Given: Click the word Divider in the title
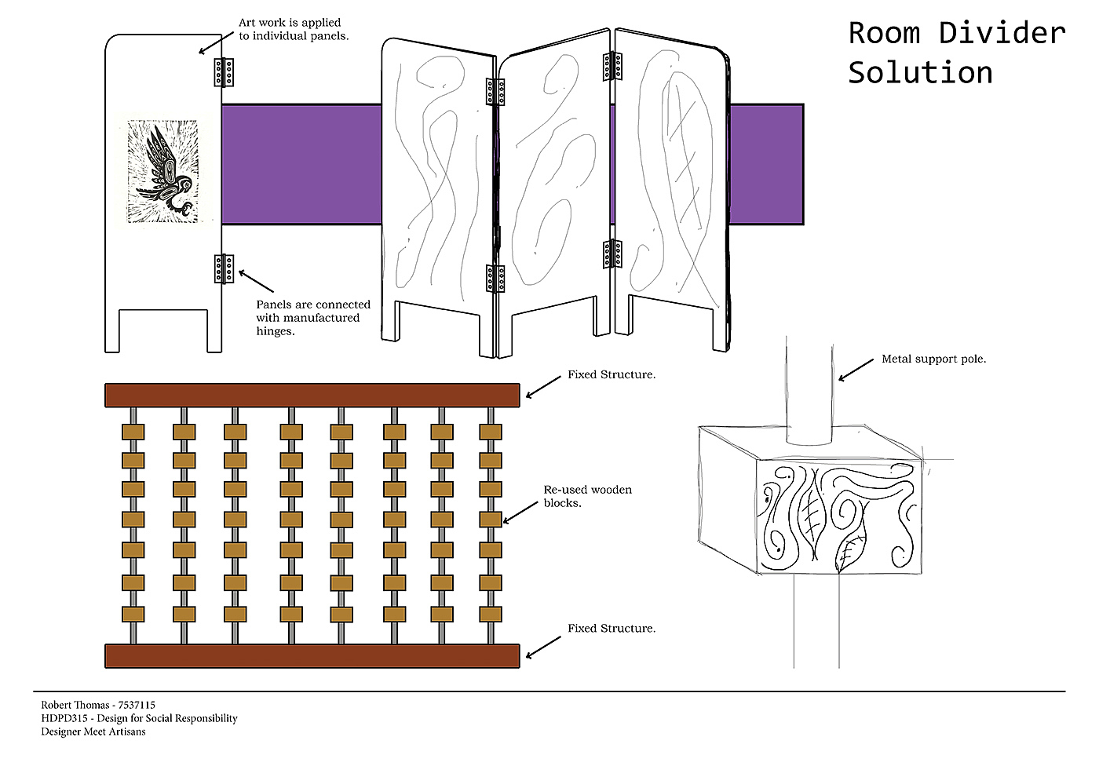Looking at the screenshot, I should coord(1002,33).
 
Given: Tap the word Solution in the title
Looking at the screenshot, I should coord(920,72).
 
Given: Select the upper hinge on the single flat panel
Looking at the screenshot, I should coord(224,72).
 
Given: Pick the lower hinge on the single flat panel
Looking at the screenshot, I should coord(224,268).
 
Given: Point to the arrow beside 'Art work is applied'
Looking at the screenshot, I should coord(216,45).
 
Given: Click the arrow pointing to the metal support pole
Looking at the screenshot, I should coord(856,370).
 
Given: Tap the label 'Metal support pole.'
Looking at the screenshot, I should coord(933,359).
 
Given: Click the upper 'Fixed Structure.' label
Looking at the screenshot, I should coord(612,374).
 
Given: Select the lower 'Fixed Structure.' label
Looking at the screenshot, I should coord(612,628).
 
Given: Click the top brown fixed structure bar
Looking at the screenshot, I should coord(312,395).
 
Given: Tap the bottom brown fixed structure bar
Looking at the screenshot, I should coord(312,656).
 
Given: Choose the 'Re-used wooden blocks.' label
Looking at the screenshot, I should coord(587,496).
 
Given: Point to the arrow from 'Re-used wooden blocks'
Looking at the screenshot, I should coord(519,512).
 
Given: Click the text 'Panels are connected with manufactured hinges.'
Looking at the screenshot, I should coord(312,317).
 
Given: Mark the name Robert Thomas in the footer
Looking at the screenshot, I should coord(75,705).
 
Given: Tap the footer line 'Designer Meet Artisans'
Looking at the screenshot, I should coord(93,731).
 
